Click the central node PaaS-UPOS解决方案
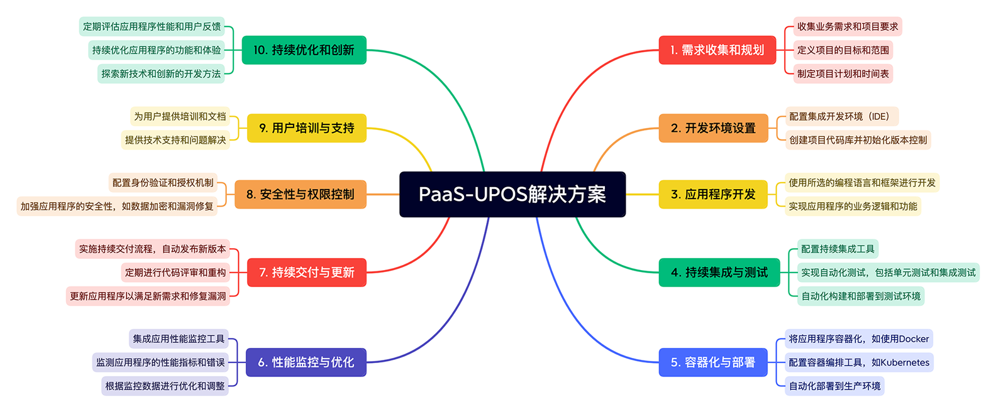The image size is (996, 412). point(512,194)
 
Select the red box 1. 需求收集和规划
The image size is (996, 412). point(717,50)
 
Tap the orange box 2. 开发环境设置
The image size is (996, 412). point(713,128)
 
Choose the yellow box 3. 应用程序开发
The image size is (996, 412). point(713,194)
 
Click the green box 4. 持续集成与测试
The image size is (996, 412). point(719,273)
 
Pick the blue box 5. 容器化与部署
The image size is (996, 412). point(712,362)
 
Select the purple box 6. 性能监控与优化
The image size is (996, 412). point(306,362)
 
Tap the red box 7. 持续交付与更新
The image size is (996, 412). point(306,273)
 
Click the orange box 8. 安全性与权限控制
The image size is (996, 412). point(300,194)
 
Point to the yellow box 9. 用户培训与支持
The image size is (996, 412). point(306,128)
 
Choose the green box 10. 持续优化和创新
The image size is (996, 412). point(304,50)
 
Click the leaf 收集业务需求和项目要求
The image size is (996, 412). point(847,26)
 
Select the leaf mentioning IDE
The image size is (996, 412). point(842,116)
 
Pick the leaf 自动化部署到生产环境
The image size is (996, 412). point(834,386)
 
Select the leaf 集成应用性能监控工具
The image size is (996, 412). point(179,339)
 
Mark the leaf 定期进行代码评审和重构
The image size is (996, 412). point(175,273)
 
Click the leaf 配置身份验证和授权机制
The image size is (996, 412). point(163,183)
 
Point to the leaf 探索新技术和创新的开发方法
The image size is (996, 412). point(161,74)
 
